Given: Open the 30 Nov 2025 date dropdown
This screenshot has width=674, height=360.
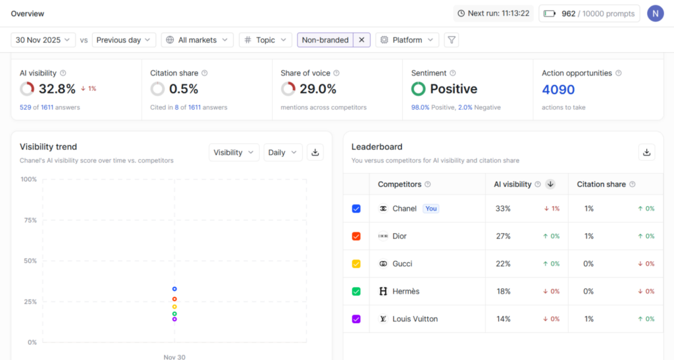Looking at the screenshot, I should tap(43, 40).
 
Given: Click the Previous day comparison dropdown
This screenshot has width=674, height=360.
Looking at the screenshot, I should tap(124, 40).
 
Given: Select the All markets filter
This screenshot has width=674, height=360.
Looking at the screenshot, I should tap(197, 40).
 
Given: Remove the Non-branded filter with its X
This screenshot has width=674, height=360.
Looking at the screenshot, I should tap(361, 40).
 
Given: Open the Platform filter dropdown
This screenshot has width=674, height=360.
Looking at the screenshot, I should tap(407, 40).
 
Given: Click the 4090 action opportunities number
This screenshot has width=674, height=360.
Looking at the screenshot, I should tap(558, 90).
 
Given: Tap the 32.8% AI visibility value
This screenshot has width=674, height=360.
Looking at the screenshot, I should tap(57, 89).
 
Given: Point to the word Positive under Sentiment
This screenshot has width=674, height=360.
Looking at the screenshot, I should tap(454, 89).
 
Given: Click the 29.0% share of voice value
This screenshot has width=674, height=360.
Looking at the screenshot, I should tap(318, 89).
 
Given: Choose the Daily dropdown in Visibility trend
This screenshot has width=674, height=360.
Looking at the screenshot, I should tap(282, 153).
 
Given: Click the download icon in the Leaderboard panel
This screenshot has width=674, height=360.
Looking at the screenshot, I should tap(646, 152).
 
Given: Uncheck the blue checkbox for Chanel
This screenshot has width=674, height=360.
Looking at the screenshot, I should tap(356, 209).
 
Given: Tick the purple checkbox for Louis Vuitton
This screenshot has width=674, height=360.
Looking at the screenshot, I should tap(356, 319).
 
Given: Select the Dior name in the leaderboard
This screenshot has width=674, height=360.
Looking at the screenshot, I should tap(400, 236).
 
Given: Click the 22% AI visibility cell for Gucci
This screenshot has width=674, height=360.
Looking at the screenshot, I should tap(503, 264).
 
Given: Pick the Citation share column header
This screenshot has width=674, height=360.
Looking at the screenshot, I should tap(602, 184).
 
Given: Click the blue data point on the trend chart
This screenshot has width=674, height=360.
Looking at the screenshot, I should tap(174, 289).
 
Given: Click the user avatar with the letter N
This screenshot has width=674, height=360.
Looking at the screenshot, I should tap(655, 13).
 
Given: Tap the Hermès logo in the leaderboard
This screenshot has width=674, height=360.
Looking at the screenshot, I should tap(383, 292).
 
